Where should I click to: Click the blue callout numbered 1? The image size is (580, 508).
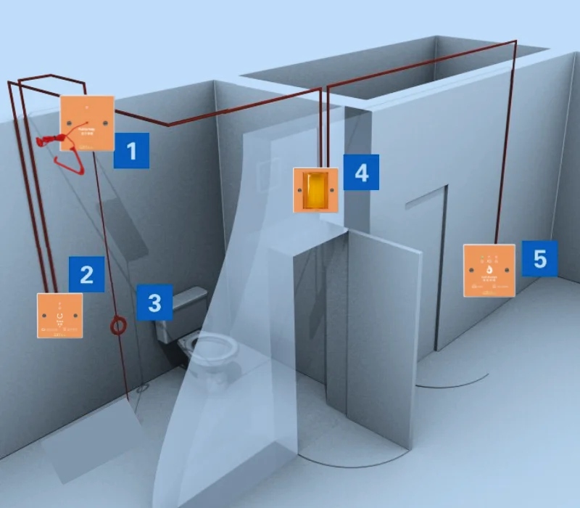click(x=131, y=150)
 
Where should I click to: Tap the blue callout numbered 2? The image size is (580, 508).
click(x=86, y=274)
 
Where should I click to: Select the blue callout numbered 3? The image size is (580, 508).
click(x=154, y=302)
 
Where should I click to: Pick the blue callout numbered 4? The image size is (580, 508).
click(x=361, y=172)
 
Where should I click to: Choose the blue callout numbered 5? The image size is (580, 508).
click(x=539, y=259)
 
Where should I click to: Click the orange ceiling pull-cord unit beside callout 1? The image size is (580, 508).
click(x=86, y=123)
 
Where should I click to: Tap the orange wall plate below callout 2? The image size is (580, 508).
click(x=60, y=315)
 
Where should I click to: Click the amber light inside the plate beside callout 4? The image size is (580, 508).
click(x=315, y=189)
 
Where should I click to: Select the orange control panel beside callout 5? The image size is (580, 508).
click(x=489, y=271)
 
